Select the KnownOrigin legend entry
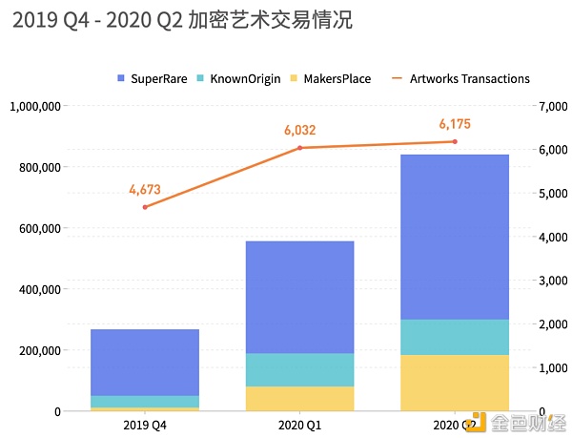[238, 78]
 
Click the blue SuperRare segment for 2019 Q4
[145, 362]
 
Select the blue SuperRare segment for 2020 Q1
[300, 297]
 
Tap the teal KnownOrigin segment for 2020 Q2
[455, 337]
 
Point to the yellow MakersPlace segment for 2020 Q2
[455, 383]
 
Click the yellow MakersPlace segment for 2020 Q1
[300, 398]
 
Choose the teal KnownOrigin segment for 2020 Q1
[300, 369]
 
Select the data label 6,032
[299, 130]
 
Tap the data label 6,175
[455, 124]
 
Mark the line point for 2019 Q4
[145, 207]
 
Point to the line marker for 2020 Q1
[299, 147]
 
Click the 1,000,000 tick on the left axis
[36, 106]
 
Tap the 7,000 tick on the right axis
[553, 106]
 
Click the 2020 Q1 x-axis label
[299, 422]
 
